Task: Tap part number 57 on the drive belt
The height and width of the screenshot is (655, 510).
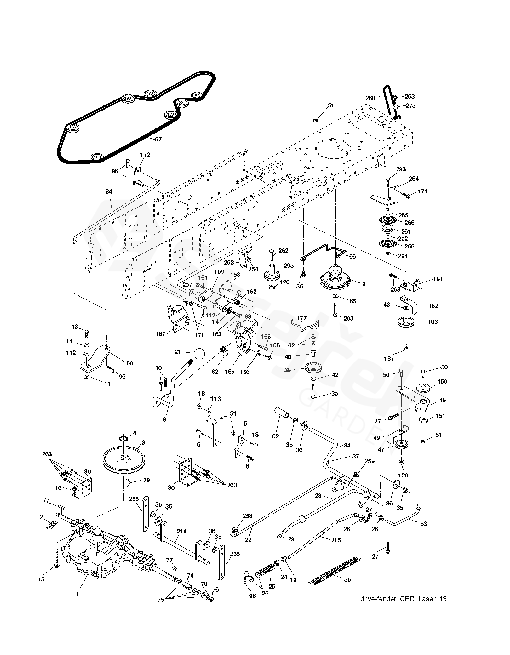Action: (158, 139)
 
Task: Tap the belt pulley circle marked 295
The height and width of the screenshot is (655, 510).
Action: (150, 94)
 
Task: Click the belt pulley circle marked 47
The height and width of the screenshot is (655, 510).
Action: (197, 95)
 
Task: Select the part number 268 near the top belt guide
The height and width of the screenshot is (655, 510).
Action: (370, 98)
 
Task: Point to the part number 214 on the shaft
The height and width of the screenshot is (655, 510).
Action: (182, 532)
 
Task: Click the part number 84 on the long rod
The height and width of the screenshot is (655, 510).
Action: (109, 191)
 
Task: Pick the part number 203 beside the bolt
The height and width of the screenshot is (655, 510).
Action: (349, 318)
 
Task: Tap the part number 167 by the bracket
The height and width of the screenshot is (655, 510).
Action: (161, 334)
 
